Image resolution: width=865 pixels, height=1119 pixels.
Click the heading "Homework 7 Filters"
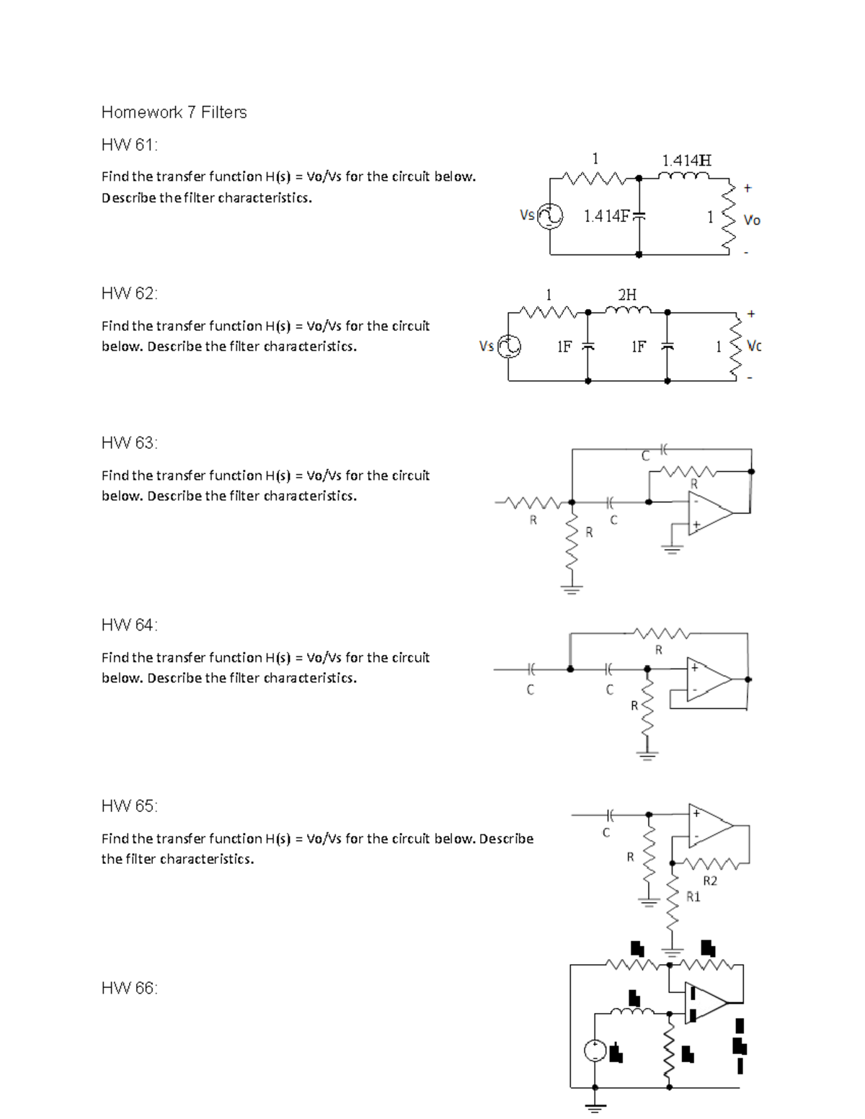(174, 112)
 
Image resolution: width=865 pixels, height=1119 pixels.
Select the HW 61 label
(129, 145)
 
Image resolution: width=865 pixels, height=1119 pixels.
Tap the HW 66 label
(129, 988)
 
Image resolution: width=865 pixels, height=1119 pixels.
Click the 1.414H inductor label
(686, 160)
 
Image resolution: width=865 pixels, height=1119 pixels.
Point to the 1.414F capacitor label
(606, 215)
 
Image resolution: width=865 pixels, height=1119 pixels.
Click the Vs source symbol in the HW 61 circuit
(551, 215)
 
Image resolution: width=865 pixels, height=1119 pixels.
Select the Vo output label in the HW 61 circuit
(751, 220)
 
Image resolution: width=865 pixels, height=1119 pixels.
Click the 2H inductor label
(627, 294)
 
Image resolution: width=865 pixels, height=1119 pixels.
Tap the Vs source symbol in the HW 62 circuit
(509, 347)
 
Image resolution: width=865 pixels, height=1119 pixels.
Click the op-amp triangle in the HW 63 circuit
(709, 512)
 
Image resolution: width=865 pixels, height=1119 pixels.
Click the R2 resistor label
(710, 881)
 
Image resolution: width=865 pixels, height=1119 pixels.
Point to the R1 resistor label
(693, 897)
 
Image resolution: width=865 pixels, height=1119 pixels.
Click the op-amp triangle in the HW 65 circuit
(709, 825)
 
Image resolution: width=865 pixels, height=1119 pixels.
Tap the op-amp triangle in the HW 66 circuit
(706, 1002)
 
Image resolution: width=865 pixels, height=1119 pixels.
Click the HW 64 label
(129, 625)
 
